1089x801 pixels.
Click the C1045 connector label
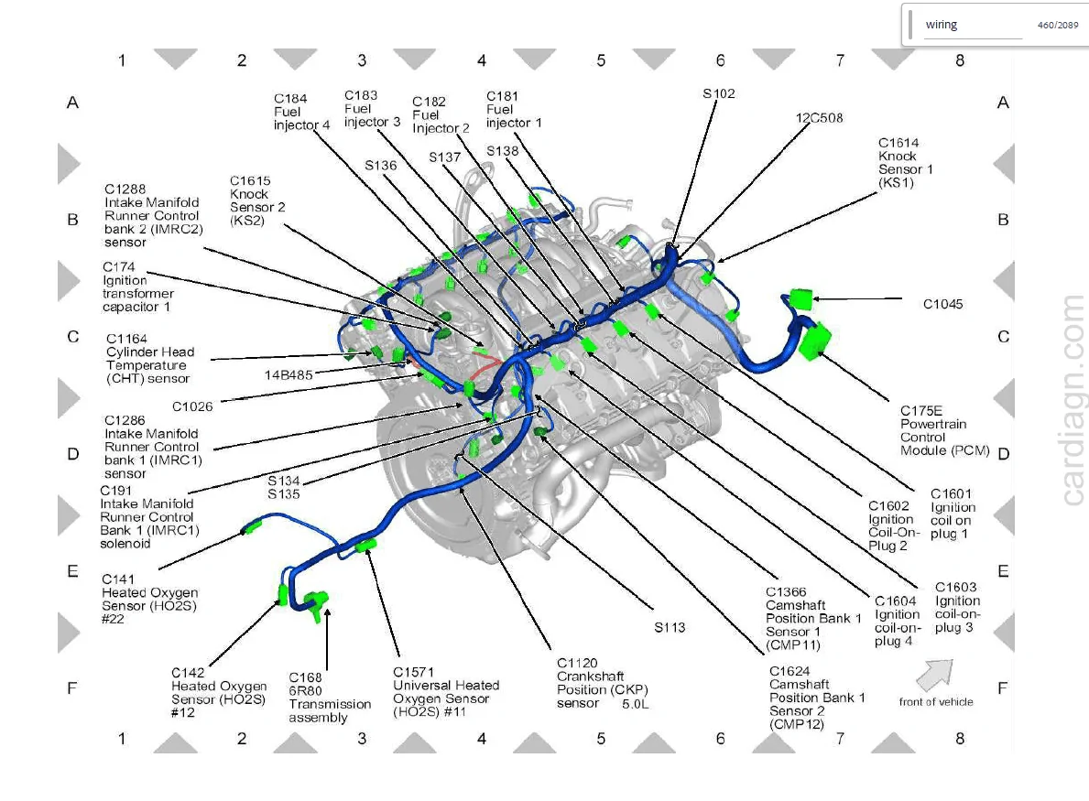(942, 304)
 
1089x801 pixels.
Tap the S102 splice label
(718, 93)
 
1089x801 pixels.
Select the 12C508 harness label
(819, 118)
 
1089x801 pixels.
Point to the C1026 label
(192, 406)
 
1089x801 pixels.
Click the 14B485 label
(289, 374)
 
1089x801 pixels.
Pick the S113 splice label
(670, 627)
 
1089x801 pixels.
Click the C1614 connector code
(898, 143)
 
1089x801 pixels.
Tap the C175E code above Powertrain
(920, 411)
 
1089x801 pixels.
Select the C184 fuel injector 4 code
(290, 99)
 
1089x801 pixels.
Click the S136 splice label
(381, 165)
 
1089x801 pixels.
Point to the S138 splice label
(502, 151)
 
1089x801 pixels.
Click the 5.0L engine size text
(635, 704)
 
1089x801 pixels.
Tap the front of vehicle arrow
(935, 673)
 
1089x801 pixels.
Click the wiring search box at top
(973, 25)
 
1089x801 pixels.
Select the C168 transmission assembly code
(306, 677)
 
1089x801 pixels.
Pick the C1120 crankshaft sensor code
(576, 663)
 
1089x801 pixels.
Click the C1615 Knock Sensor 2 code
(250, 181)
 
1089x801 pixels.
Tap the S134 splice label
(283, 481)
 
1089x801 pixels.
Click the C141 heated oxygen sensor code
(118, 579)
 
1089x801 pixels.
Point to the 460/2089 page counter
(1058, 25)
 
